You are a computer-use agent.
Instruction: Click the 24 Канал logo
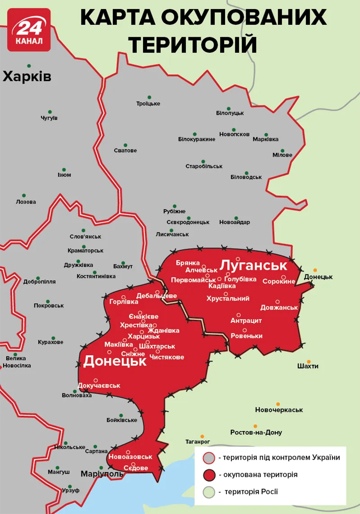29,29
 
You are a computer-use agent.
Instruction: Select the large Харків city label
27,77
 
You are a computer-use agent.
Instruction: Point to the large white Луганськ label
253,265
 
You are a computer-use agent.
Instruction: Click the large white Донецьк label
115,361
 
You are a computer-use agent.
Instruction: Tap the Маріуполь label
102,474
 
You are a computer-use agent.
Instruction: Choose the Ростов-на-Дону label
256,432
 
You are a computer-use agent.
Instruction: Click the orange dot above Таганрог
202,436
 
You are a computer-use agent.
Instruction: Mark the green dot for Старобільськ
203,161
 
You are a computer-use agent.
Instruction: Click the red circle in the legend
208,475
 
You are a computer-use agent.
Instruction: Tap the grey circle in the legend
208,458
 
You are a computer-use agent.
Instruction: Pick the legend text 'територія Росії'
248,492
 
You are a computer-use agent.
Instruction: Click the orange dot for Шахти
309,361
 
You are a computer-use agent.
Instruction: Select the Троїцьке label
148,103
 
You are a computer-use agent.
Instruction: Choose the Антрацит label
246,321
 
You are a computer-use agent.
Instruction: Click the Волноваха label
76,395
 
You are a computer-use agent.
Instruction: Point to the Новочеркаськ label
279,410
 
